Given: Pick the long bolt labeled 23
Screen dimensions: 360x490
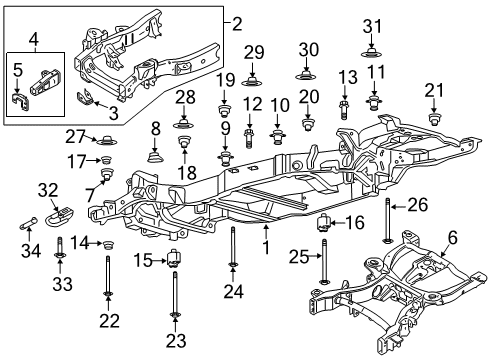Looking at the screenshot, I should (175, 300).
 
